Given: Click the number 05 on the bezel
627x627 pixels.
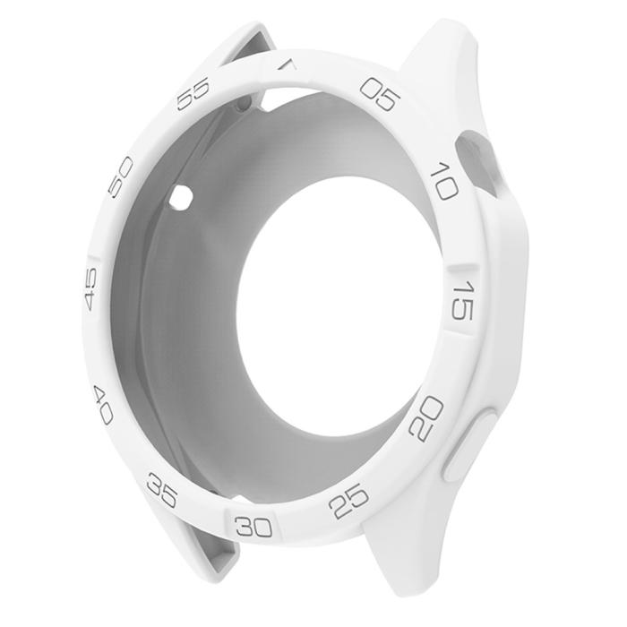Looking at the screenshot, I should click(x=377, y=94).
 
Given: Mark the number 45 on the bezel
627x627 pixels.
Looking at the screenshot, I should click(x=91, y=291).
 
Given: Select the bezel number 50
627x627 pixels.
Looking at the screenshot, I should click(x=120, y=176).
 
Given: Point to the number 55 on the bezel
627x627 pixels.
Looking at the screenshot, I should click(x=193, y=93).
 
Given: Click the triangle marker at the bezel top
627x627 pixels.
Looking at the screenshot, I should click(x=286, y=64).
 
